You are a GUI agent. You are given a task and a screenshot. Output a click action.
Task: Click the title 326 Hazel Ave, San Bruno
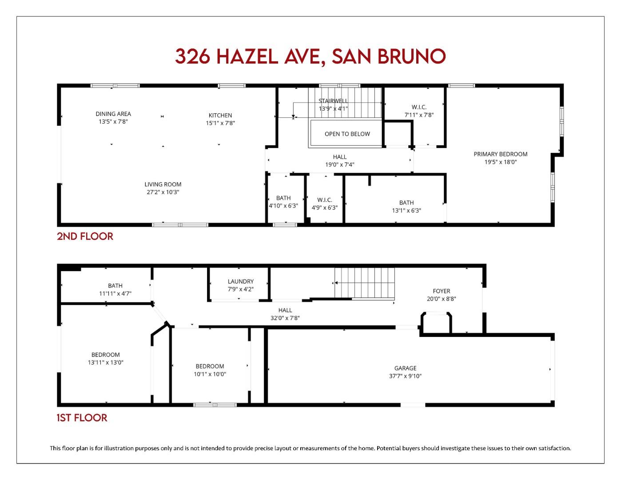coord(310,56)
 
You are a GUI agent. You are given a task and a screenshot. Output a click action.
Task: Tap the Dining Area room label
coord(113,114)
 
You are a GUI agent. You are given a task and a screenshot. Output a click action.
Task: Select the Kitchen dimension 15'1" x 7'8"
coord(220,123)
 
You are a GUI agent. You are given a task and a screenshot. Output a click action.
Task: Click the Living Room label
coord(163,184)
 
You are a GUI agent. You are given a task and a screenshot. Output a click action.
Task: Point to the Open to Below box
coord(347,134)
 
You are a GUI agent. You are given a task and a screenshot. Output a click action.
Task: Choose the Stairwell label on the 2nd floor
coord(333,101)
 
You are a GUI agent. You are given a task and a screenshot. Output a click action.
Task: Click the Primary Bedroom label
coord(500,154)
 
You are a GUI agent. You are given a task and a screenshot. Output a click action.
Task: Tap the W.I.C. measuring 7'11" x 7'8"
coord(418,111)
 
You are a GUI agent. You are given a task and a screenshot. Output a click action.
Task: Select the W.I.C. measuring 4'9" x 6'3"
coord(324,204)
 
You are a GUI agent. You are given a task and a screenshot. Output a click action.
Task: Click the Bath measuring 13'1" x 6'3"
coord(406,206)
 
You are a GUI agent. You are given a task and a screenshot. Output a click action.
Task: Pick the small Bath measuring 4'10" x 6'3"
coord(283,202)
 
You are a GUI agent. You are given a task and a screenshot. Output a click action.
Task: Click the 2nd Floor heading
coord(85,236)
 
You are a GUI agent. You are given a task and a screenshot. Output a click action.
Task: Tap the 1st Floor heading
coord(82,418)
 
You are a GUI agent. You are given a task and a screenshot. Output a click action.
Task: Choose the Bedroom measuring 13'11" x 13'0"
coord(105,358)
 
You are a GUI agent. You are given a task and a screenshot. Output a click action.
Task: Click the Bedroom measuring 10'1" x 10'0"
coord(210,370)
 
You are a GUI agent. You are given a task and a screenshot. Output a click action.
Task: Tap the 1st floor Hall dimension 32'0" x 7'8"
coord(285,318)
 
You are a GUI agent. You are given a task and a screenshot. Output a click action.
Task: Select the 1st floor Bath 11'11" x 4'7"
coord(115,289)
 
